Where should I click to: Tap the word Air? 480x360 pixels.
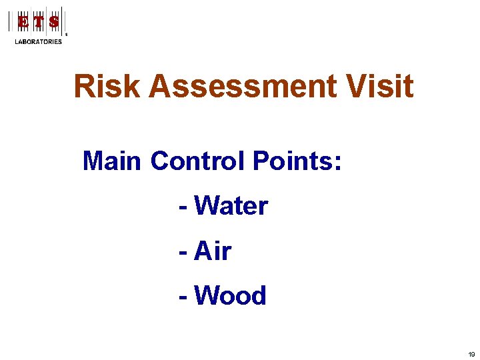(x=213, y=251)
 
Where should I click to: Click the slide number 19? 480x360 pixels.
(x=471, y=355)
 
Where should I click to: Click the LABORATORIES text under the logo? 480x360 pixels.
(x=39, y=42)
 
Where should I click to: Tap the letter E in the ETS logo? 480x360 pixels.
(x=23, y=21)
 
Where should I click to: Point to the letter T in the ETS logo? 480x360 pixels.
(x=39, y=21)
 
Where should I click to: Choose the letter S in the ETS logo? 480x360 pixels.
(x=54, y=21)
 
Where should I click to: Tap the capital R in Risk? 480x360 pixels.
(x=84, y=87)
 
